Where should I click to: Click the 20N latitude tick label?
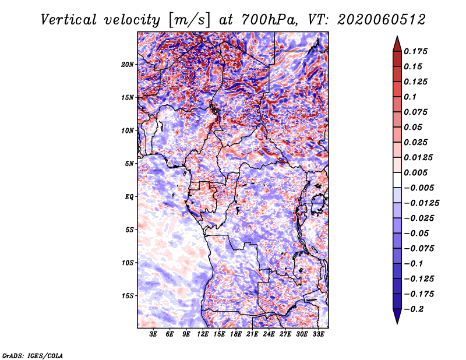[x=128, y=65]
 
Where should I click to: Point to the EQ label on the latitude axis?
[x=129, y=197]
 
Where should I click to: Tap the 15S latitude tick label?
[x=128, y=296]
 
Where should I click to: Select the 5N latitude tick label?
[x=129, y=164]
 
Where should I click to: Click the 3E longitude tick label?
[x=153, y=334]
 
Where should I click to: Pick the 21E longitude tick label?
[x=252, y=334]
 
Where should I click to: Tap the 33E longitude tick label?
[x=318, y=334]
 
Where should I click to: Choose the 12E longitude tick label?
[x=202, y=334]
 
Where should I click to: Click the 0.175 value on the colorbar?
[x=415, y=51]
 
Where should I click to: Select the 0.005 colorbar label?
[x=415, y=172]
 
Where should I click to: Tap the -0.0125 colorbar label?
[x=421, y=203]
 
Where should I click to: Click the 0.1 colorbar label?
[x=410, y=97]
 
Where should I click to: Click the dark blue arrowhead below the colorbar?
[x=397, y=316]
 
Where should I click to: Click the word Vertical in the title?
[x=68, y=20]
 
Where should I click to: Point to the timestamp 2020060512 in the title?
[x=382, y=20]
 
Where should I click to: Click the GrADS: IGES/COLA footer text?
[x=33, y=355]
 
